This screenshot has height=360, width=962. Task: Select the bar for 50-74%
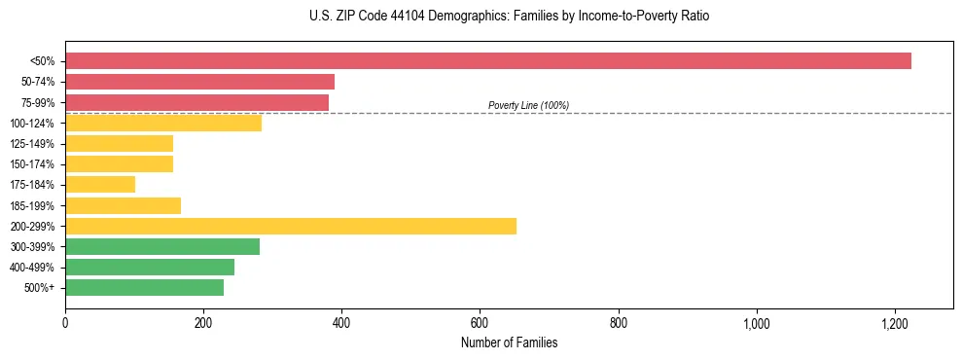tap(199, 82)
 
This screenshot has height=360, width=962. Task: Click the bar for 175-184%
tap(100, 184)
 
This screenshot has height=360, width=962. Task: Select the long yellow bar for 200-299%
tap(291, 226)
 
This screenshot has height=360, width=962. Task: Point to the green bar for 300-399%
tap(162, 246)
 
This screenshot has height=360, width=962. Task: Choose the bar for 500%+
tap(144, 287)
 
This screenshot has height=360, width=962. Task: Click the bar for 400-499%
tap(150, 267)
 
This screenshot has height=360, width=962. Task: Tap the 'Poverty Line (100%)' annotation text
tap(528, 105)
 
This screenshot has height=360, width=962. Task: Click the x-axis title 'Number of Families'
tap(509, 342)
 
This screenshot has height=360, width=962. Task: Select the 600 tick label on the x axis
tap(480, 323)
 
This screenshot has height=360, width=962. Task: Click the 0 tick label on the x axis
tap(65, 323)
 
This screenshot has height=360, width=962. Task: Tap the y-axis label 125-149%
tap(32, 143)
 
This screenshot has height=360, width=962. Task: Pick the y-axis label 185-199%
tap(32, 205)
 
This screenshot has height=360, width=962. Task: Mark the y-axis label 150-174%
tap(32, 163)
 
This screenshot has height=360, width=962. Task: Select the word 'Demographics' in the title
tap(462, 17)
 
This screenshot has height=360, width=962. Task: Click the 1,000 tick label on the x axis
tap(756, 323)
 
